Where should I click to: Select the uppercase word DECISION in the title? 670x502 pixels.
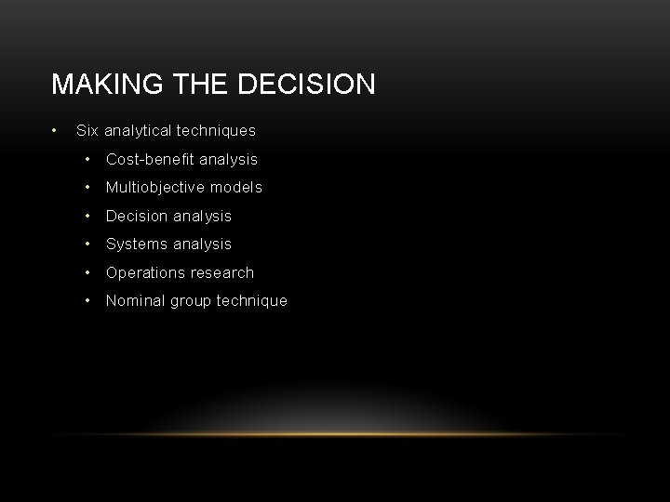coord(308,85)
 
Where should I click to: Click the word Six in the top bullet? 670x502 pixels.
coord(87,131)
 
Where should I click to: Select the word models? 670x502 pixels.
coord(238,187)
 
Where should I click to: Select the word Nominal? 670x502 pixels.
coord(136,300)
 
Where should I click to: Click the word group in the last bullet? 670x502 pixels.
coord(193,301)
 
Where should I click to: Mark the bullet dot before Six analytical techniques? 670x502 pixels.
coord(56,130)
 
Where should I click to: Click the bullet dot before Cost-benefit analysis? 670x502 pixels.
coord(87,159)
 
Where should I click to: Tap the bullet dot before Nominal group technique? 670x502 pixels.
coord(87,300)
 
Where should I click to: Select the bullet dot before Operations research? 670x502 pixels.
coord(87,272)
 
